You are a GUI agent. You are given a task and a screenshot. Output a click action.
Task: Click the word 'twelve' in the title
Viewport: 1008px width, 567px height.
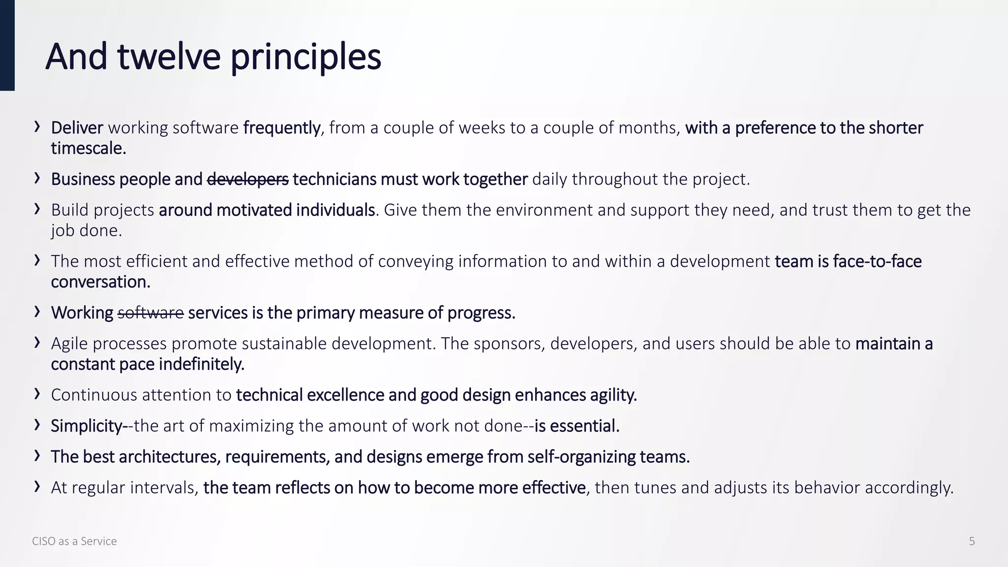[x=169, y=57]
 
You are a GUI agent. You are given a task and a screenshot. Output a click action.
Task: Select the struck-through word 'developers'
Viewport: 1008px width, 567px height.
[x=248, y=179]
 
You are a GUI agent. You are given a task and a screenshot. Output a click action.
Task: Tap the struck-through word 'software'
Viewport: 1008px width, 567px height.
[x=151, y=313]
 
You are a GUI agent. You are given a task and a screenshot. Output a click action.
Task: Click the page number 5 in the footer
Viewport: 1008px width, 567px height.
[x=972, y=541]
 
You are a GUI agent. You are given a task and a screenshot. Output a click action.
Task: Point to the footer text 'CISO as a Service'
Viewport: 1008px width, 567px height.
[x=74, y=541]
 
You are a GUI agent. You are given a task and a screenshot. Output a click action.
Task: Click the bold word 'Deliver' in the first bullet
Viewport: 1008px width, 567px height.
[x=77, y=128]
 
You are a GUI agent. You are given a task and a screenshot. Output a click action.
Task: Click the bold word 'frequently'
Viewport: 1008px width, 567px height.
[x=282, y=128]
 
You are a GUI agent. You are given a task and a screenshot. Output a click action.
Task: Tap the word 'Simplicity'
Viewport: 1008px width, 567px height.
[x=86, y=426]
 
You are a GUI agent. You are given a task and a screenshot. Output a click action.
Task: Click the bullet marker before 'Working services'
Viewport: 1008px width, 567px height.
[x=37, y=312]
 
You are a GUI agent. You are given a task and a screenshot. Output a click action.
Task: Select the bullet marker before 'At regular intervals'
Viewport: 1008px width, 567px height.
[x=37, y=486]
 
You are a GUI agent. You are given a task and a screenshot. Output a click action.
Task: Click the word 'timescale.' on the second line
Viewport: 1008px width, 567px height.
[x=89, y=148]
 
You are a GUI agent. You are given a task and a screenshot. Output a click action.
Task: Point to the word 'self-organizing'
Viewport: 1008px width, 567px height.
[x=581, y=457]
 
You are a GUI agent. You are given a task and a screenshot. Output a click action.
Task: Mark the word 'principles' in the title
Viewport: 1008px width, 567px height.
[x=306, y=58]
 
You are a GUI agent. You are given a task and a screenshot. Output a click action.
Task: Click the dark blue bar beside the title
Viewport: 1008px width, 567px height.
[x=7, y=45]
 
